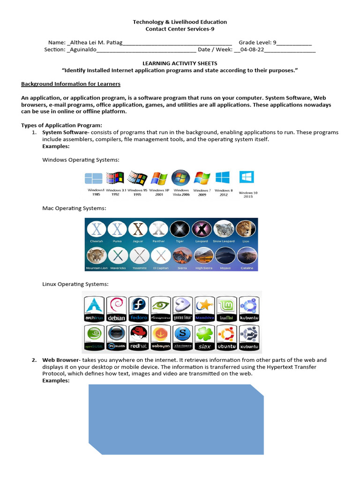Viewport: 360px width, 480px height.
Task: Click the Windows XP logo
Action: click(159, 179)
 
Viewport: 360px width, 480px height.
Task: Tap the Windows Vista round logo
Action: click(180, 178)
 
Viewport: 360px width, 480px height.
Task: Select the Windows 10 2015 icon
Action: click(247, 177)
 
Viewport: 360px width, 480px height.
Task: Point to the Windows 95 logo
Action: click(137, 179)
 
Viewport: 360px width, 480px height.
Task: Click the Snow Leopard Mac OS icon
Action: click(224, 229)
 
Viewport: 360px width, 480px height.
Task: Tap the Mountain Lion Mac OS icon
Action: click(97, 256)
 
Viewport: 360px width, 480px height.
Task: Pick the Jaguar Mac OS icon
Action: click(138, 229)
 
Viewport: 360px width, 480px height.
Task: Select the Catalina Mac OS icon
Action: click(247, 256)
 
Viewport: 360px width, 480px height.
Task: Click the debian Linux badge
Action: click(117, 309)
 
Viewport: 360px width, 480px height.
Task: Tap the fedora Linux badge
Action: click(139, 309)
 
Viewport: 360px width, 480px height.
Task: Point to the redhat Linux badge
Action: click(139, 337)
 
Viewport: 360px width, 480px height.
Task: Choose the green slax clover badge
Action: click(205, 337)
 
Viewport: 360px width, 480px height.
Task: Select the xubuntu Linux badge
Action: click(249, 337)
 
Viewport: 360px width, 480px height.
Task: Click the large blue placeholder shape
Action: click(176, 419)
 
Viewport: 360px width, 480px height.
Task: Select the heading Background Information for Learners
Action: click(71, 84)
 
